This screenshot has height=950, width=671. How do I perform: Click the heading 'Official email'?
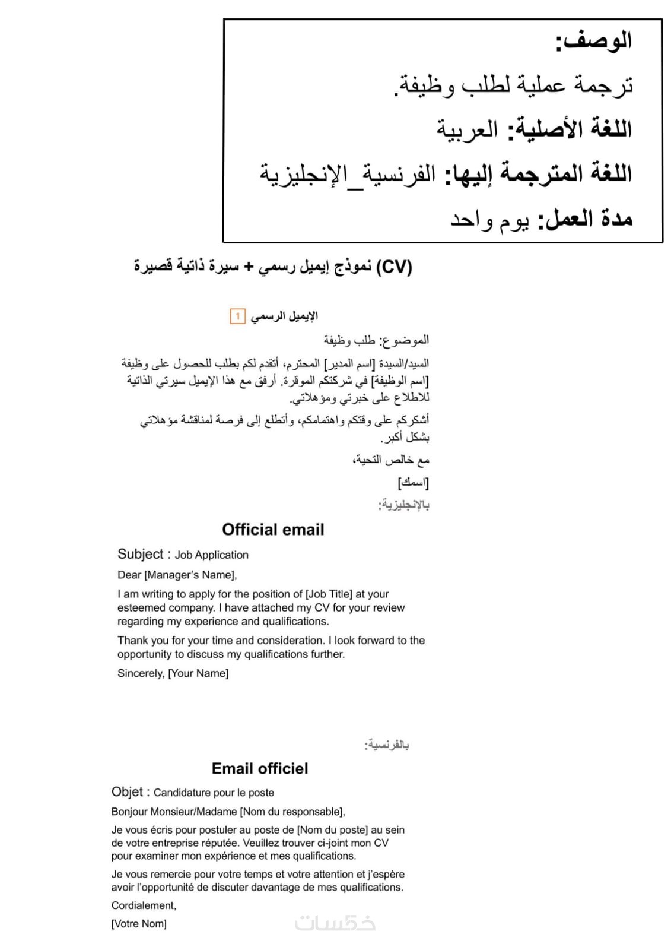pyautogui.click(x=273, y=530)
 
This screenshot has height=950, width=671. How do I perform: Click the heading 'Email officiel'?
pyautogui.click(x=260, y=768)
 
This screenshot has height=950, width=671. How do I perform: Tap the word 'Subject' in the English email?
pyautogui.click(x=140, y=554)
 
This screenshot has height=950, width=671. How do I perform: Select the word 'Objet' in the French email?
pyautogui.click(x=127, y=792)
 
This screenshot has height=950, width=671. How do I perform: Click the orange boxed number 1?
pyautogui.click(x=237, y=316)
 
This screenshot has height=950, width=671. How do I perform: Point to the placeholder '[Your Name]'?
pyautogui.click(x=198, y=673)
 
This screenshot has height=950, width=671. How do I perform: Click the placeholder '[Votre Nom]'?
pyautogui.click(x=139, y=924)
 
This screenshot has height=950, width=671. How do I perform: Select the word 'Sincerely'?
pyautogui.click(x=140, y=673)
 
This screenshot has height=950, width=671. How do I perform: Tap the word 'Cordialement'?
pyautogui.click(x=143, y=905)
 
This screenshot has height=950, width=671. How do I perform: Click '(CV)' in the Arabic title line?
pyautogui.click(x=394, y=267)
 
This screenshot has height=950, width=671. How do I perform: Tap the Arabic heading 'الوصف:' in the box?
pyautogui.click(x=593, y=42)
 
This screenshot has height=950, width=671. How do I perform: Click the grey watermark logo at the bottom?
pyautogui.click(x=335, y=923)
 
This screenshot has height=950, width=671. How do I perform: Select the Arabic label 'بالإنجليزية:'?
pyautogui.click(x=404, y=505)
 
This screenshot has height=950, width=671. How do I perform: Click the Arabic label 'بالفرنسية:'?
pyautogui.click(x=387, y=745)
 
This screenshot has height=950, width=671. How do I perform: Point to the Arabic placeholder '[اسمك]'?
pyautogui.click(x=414, y=482)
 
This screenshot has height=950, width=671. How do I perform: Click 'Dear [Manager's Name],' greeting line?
pyautogui.click(x=177, y=575)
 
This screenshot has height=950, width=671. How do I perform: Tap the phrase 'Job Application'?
pyautogui.click(x=211, y=555)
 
